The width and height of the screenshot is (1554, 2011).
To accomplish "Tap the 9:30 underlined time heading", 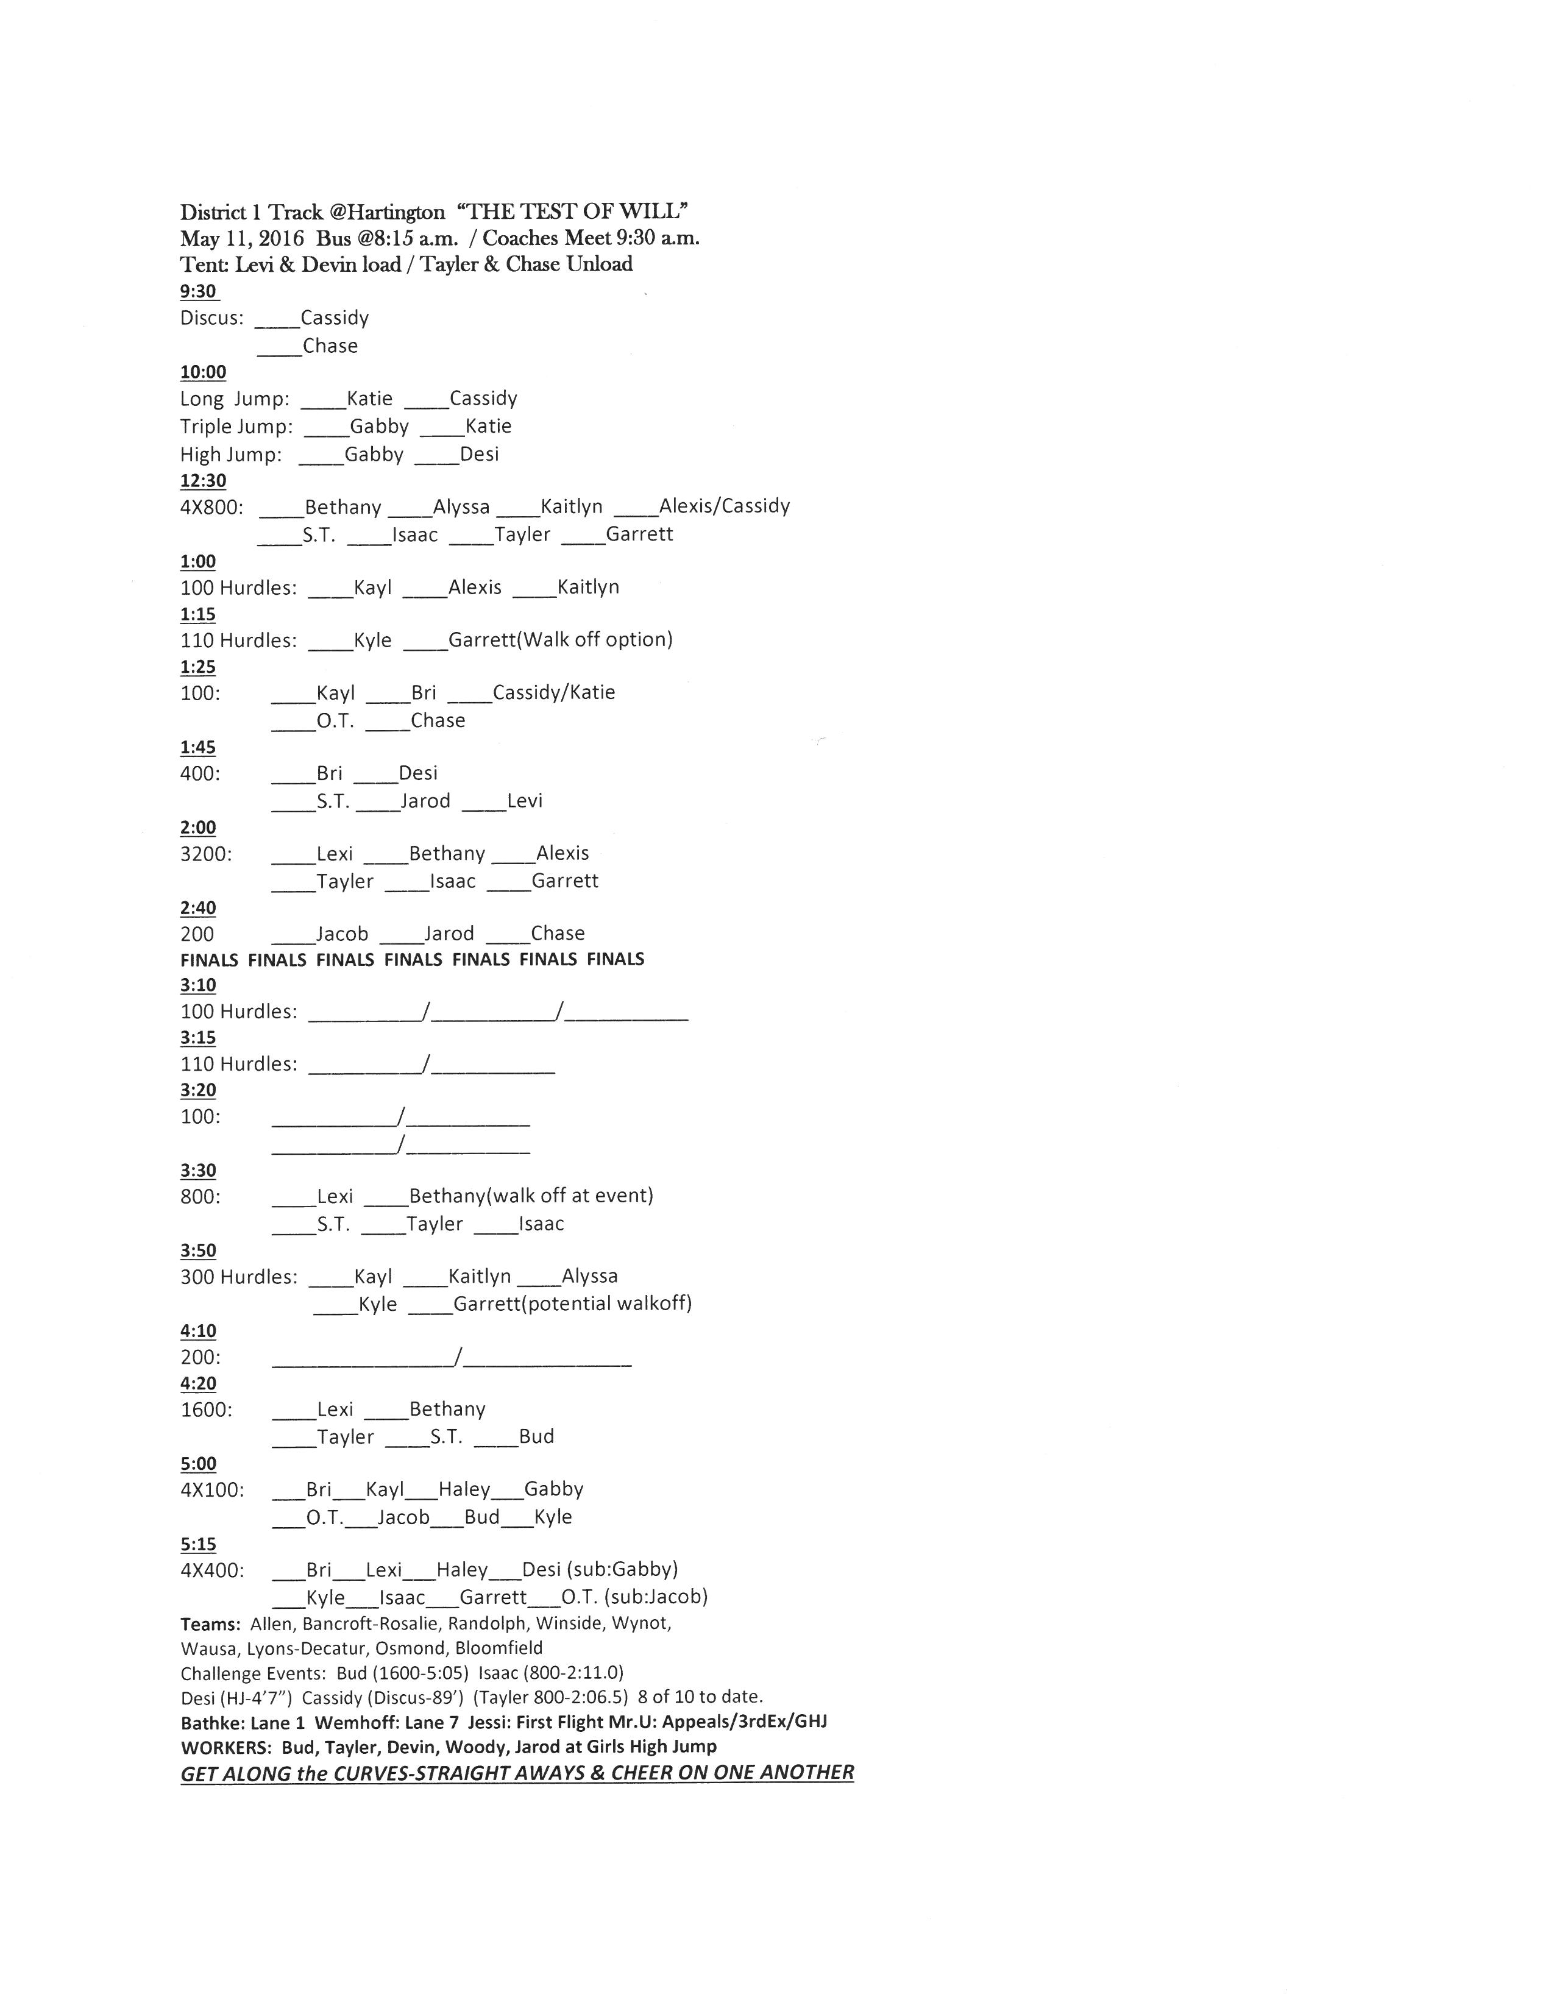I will (199, 292).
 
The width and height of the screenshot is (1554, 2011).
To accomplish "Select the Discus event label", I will (211, 319).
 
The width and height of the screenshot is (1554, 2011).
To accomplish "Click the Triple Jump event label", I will (236, 427).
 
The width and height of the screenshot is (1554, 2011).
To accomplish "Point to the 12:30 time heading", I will (202, 481).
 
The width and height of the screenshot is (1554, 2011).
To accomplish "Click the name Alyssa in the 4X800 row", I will (461, 508).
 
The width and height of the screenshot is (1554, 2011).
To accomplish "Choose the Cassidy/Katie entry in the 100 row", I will (553, 692).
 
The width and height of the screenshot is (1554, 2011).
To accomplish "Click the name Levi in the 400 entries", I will (525, 801).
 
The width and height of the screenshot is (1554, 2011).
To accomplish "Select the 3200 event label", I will (206, 854).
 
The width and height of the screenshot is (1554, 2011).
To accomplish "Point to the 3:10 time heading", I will (198, 985).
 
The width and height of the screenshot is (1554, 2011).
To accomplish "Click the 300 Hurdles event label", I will (238, 1277).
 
